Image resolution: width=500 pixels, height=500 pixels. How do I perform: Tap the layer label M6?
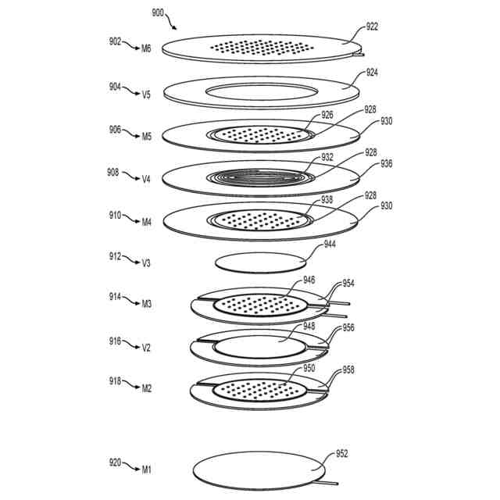click(x=146, y=48)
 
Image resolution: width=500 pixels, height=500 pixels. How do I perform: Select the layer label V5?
click(x=146, y=94)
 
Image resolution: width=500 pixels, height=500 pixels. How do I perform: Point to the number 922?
click(x=372, y=27)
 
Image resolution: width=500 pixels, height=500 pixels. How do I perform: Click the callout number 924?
click(x=372, y=73)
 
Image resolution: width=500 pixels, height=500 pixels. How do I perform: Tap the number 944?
click(x=330, y=245)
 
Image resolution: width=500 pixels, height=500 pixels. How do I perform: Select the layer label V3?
click(x=146, y=263)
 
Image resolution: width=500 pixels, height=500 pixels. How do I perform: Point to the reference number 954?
click(x=348, y=283)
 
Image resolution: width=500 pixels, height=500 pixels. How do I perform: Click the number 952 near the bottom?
click(x=341, y=454)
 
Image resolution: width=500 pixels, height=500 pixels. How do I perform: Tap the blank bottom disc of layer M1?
click(x=257, y=471)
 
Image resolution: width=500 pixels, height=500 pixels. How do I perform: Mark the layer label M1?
click(x=146, y=469)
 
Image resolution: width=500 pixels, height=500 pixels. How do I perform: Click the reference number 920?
click(x=116, y=463)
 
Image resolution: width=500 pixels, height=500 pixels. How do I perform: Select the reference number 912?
click(x=116, y=255)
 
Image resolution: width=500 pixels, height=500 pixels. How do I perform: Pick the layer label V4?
click(x=146, y=179)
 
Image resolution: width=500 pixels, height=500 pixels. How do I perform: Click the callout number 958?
click(x=348, y=369)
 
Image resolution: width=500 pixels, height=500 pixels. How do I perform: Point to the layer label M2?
click(x=146, y=387)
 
